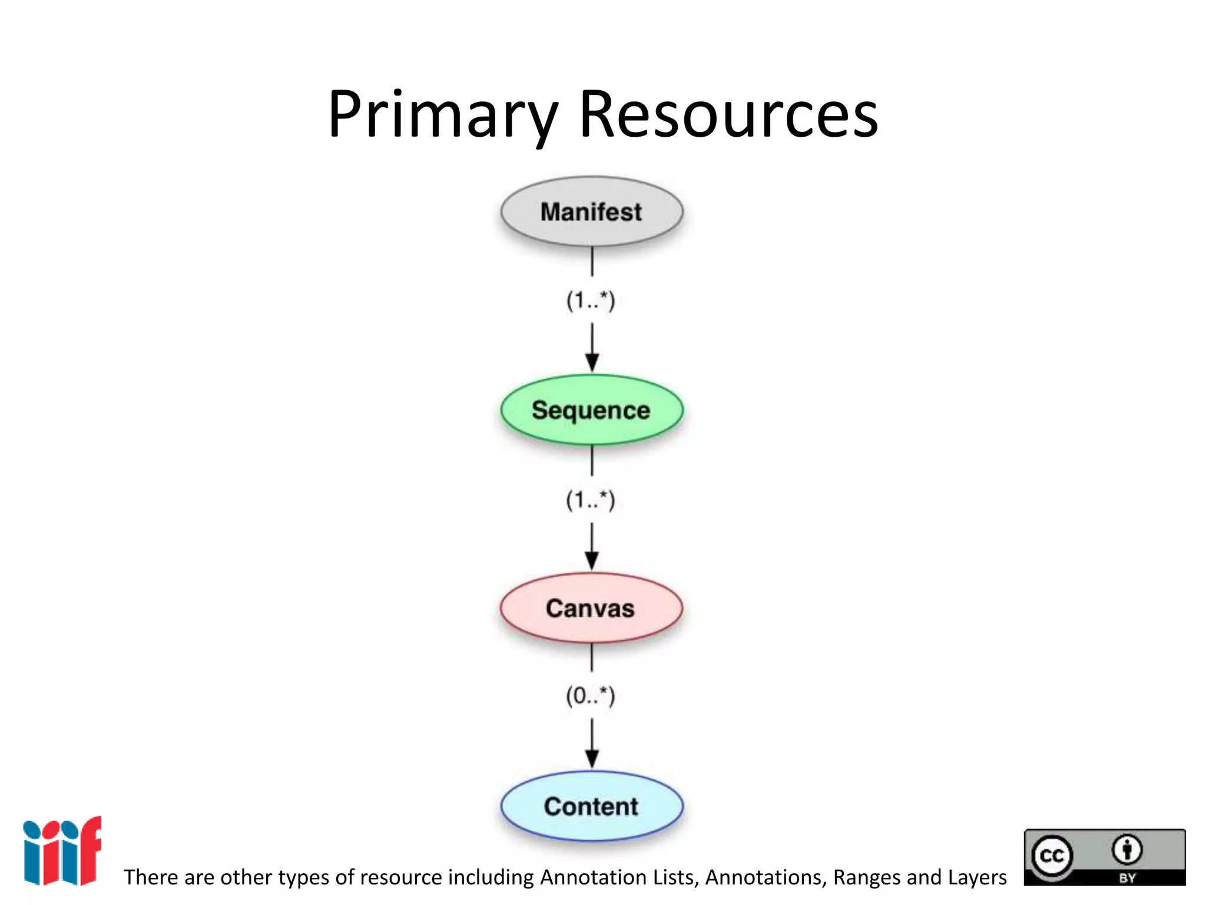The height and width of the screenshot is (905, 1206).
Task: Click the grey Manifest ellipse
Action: (592, 212)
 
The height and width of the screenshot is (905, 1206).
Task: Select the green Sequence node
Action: (592, 410)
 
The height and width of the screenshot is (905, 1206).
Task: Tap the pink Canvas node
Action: (591, 608)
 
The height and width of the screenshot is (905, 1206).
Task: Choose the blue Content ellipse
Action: (592, 806)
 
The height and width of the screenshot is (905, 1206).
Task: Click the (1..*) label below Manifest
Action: (591, 300)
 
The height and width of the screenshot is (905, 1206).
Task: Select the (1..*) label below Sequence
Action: (591, 500)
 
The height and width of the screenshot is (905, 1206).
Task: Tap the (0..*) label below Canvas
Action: (591, 696)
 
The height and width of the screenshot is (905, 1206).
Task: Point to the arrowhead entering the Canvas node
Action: (592, 560)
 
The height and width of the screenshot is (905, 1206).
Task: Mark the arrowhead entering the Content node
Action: (592, 758)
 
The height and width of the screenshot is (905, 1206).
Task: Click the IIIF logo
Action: (62, 851)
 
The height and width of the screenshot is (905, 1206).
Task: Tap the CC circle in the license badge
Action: (1052, 855)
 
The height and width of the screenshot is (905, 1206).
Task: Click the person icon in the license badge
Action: (1127, 850)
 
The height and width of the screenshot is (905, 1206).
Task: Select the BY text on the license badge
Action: (1127, 878)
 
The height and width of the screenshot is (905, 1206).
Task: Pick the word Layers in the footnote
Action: (978, 877)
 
